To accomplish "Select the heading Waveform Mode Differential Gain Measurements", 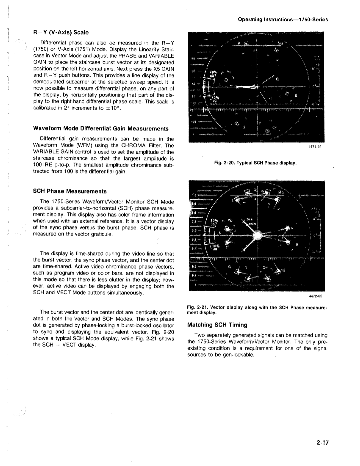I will tap(101, 128).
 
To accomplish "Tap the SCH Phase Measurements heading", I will tap(69, 191).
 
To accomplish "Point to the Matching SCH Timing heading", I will tap(217, 325).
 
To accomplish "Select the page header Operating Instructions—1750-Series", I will tap(283, 20).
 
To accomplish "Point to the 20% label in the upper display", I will tap(213, 71).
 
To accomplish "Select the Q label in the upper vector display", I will tap(277, 79).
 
